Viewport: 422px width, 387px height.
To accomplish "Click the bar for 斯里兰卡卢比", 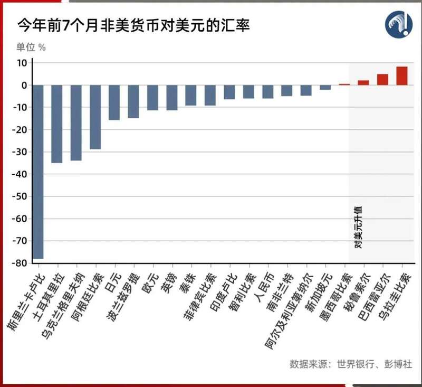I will click(38, 172).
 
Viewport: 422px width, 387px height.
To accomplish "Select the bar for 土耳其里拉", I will click(57, 124).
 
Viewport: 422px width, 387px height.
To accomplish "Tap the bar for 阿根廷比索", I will click(95, 117).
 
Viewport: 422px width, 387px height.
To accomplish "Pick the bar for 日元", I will click(114, 102).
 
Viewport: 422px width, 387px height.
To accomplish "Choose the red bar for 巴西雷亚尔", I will click(382, 80).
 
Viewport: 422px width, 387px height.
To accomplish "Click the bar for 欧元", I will click(152, 98).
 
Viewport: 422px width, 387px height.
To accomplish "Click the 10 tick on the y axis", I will click(22, 63).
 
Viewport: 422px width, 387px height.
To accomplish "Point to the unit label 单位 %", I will click(31, 47).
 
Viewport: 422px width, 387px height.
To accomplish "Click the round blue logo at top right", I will click(398, 24).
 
